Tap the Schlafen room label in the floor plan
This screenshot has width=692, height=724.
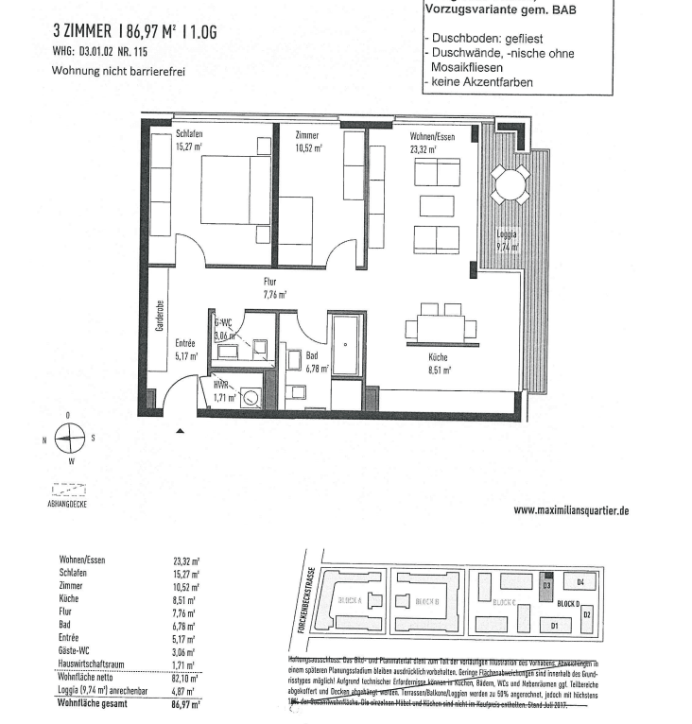pos(189,134)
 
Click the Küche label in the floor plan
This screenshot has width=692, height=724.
pos(438,358)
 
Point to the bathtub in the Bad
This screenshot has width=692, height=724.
pos(344,345)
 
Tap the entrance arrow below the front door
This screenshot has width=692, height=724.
pos(181,430)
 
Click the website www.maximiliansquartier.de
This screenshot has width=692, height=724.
pos(571,509)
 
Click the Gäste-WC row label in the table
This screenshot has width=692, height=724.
pos(76,652)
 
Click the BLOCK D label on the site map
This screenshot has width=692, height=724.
pos(569,603)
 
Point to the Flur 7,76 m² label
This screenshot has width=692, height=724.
pos(275,288)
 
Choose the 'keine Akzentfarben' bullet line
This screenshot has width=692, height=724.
pos(482,82)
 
